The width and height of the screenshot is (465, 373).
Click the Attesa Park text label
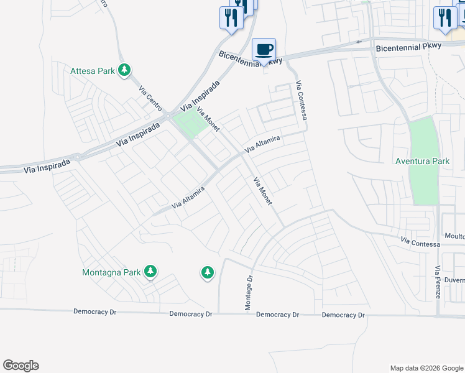93,71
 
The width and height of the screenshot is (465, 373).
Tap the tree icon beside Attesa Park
125,70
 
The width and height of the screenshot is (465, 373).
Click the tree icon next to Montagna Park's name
150,271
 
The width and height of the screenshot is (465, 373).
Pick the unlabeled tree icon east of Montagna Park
207,272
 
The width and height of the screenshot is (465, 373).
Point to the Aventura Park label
422,161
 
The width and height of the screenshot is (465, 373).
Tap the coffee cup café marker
264,49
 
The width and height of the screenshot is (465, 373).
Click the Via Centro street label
151,98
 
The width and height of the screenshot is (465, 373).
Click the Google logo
21,366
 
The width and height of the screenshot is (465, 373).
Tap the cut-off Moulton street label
455,236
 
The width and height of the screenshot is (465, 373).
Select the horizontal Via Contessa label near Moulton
420,242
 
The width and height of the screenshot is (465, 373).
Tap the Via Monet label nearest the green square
208,119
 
